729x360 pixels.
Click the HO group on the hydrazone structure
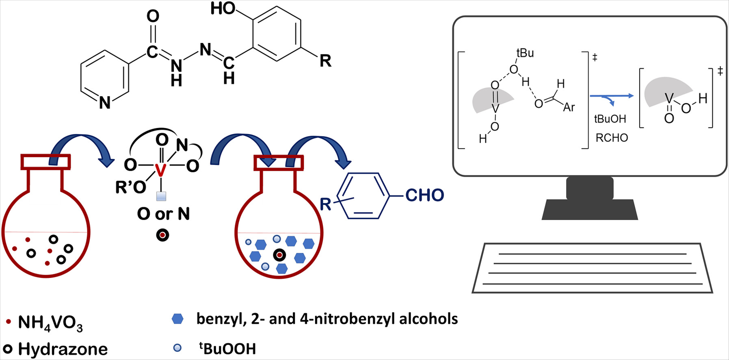click(x=223, y=9)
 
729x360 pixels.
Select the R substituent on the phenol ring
click(x=325, y=61)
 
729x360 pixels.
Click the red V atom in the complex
click(x=161, y=170)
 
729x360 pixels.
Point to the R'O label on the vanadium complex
click(x=130, y=187)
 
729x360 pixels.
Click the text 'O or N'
click(x=163, y=214)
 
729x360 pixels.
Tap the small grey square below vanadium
click(x=161, y=196)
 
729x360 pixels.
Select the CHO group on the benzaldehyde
click(x=424, y=195)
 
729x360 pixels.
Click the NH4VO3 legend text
click(x=50, y=323)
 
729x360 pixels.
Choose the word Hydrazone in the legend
click(x=63, y=349)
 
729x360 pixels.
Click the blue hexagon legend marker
click(x=177, y=319)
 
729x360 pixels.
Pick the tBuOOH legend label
click(x=227, y=349)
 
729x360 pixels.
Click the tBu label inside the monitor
click(x=525, y=53)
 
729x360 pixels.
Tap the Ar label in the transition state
click(x=569, y=107)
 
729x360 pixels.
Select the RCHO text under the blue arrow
click(x=612, y=138)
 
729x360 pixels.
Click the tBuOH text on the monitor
click(x=610, y=119)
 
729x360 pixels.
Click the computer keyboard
click(x=592, y=268)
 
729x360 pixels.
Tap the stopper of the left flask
click(x=45, y=162)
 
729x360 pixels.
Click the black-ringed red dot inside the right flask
click(x=279, y=255)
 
